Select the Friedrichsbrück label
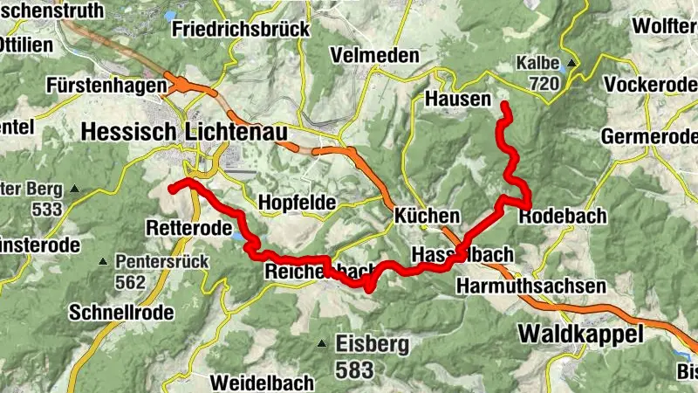coord(242,29)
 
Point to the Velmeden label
coord(374,55)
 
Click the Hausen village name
coord(458,100)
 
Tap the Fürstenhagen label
coord(106,86)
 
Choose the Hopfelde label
coord(297,203)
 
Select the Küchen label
coord(427,216)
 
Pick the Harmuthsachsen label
coord(530,286)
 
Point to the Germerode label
coord(649,137)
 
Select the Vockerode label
coord(650,85)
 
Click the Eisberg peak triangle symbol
coord(322,343)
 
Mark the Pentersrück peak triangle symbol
coord(103,261)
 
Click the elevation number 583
coord(354,369)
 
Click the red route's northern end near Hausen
coord(504,105)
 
